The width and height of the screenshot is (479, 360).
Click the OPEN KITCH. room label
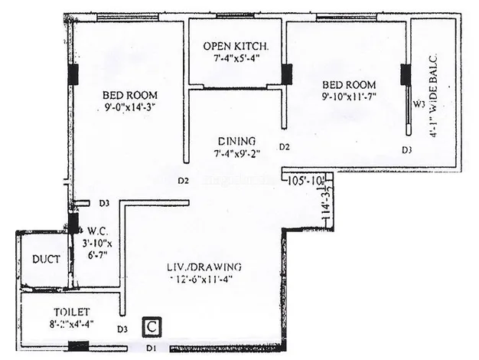pyautogui.click(x=236, y=47)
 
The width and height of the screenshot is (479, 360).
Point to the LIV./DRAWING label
pyautogui.click(x=204, y=267)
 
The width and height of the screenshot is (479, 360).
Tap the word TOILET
pyautogui.click(x=71, y=313)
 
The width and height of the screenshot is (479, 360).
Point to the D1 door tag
pyautogui.click(x=152, y=349)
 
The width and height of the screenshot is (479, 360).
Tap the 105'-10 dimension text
pyautogui.click(x=306, y=182)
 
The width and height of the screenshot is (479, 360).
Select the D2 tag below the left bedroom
pyautogui.click(x=183, y=182)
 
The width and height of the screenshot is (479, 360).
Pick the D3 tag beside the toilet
pyautogui.click(x=122, y=329)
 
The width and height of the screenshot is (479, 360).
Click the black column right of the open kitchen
pyautogui.click(x=287, y=74)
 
